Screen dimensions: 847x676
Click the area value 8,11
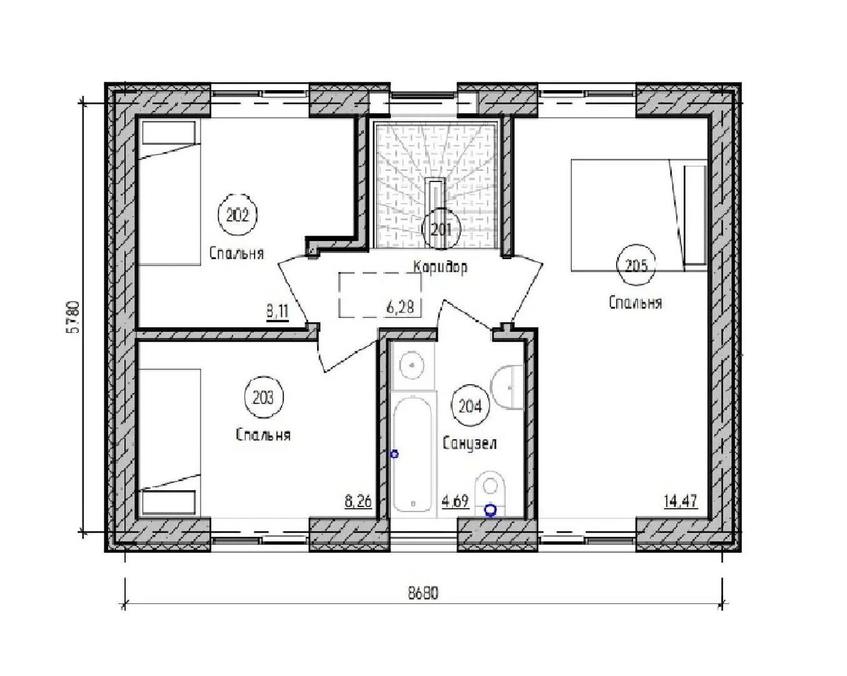click(x=278, y=312)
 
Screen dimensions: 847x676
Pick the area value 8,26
click(x=358, y=501)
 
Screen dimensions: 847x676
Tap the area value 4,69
click(x=455, y=501)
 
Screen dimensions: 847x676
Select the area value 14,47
click(x=681, y=501)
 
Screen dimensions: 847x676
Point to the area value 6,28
click(x=400, y=307)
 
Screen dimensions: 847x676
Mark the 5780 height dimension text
click(x=74, y=317)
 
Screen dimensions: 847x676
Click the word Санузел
click(x=469, y=443)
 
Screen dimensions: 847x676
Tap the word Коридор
click(x=440, y=267)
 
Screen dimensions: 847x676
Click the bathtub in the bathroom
click(x=413, y=454)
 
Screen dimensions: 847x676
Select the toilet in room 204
click(x=490, y=493)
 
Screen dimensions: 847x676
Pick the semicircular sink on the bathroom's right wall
click(x=507, y=387)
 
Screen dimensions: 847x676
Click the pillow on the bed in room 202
click(x=169, y=133)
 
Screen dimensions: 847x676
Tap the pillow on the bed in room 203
click(x=169, y=501)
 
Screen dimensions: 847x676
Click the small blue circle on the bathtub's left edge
click(x=394, y=454)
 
